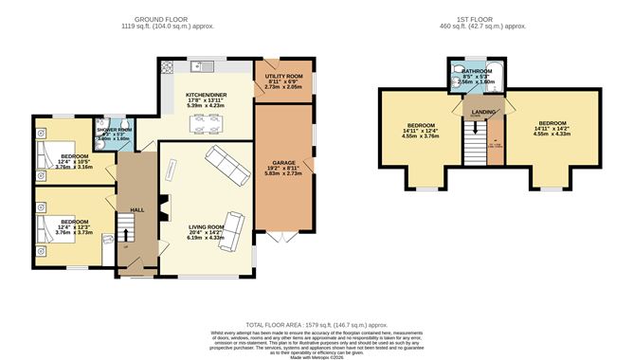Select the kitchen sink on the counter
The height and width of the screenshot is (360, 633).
pos(201,66)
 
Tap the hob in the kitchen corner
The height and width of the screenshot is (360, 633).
pos(168,67)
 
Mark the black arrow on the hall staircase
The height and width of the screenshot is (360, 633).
pos(125,240)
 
